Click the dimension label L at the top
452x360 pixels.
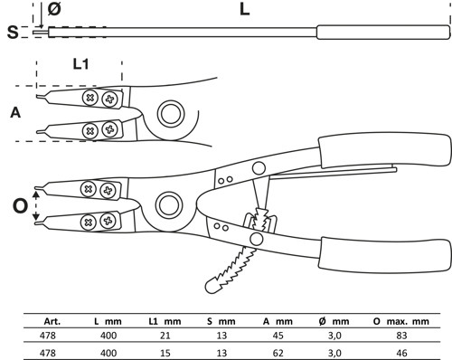click(x=244, y=9)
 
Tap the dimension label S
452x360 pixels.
click(x=13, y=32)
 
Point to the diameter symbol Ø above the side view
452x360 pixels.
click(x=54, y=8)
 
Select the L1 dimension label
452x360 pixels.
click(x=80, y=64)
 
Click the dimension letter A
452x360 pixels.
click(x=15, y=112)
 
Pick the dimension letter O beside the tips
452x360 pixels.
click(x=20, y=206)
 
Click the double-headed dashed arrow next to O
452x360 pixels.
click(x=36, y=206)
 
